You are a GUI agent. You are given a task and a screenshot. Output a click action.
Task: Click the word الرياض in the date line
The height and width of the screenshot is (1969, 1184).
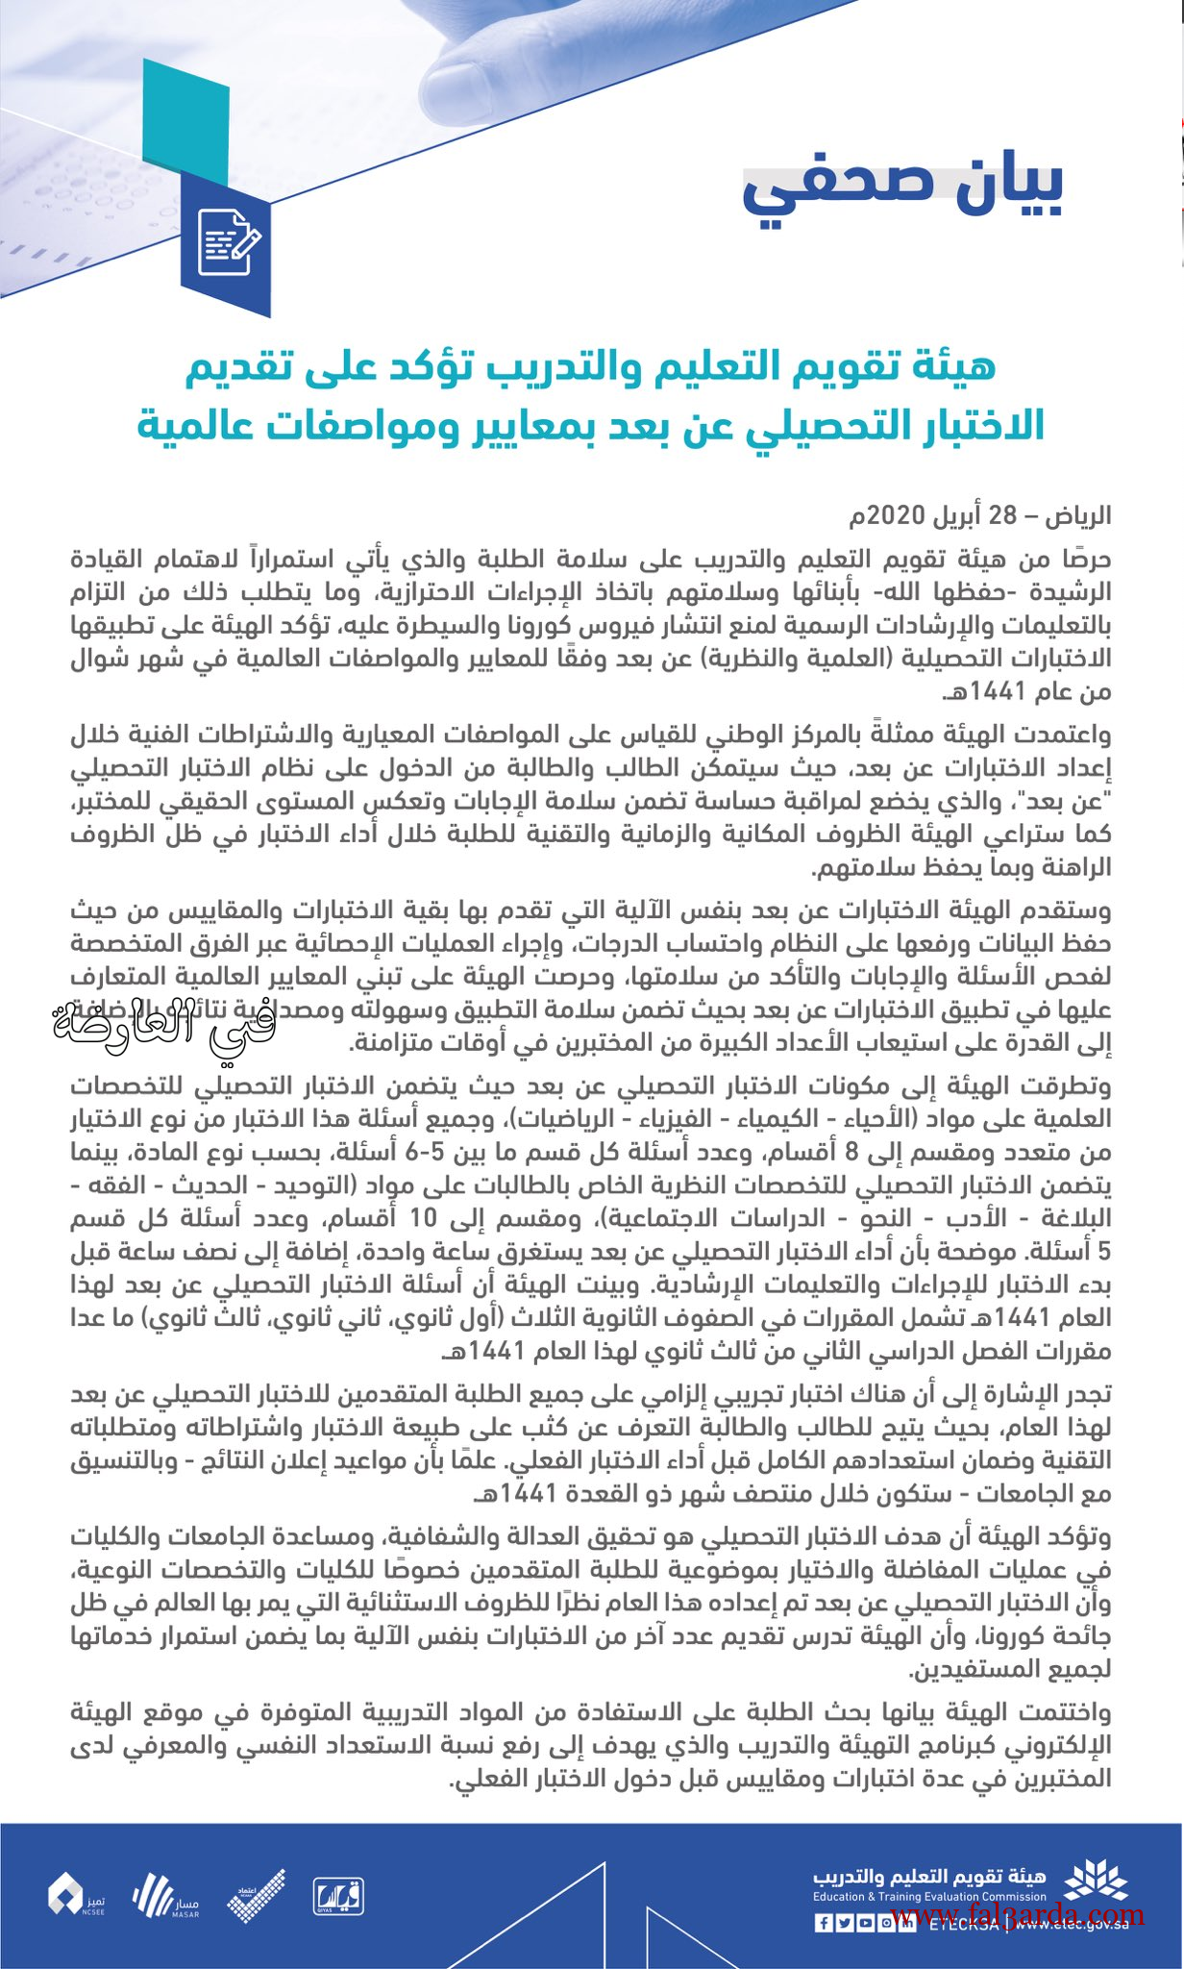pyautogui.click(x=1078, y=515)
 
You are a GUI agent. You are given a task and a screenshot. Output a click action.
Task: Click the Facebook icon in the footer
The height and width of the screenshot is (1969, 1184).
pyautogui.click(x=824, y=1924)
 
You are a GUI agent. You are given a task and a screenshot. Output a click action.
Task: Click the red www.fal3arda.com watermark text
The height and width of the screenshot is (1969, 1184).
pyautogui.click(x=1019, y=1914)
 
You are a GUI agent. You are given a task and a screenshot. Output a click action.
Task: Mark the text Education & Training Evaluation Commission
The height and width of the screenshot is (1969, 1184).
pyautogui.click(x=928, y=1897)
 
